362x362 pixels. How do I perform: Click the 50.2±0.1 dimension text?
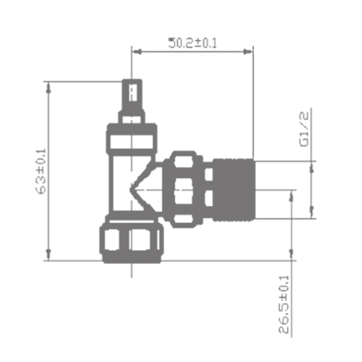pyautogui.click(x=193, y=43)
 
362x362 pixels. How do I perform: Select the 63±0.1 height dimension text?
pyautogui.click(x=41, y=171)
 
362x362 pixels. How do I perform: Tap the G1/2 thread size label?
pyautogui.click(x=304, y=129)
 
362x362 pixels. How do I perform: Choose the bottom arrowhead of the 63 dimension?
pyautogui.click(x=48, y=254)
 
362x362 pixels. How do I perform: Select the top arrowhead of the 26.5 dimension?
pyautogui.click(x=292, y=195)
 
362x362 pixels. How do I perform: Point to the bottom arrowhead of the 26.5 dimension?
pyautogui.click(x=292, y=254)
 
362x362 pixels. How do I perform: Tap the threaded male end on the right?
pyautogui.click(x=233, y=190)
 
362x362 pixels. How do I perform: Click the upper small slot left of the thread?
pyautogui.click(x=209, y=174)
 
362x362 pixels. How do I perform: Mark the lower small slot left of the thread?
pyautogui.click(x=209, y=198)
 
